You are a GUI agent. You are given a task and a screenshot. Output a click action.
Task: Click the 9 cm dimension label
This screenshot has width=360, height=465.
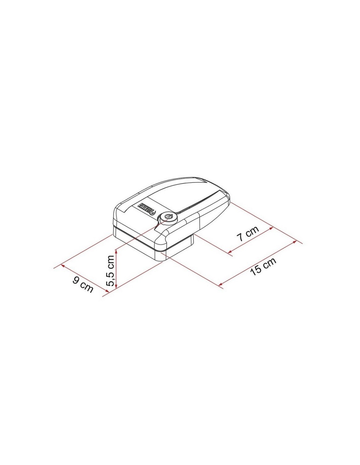click(x=83, y=284)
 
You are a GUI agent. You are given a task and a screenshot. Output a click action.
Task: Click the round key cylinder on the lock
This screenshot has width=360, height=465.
click(x=168, y=216)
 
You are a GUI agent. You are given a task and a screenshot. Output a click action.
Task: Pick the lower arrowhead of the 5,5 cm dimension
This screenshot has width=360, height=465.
click(x=116, y=286)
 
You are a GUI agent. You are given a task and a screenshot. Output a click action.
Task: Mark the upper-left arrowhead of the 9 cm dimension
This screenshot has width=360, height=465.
click(x=63, y=266)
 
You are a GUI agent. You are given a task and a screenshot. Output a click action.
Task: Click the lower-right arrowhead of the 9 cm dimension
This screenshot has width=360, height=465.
click(x=107, y=290)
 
